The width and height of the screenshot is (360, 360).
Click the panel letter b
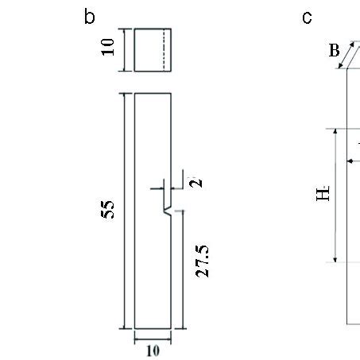click(90, 17)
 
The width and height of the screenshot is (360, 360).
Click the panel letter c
click(307, 17)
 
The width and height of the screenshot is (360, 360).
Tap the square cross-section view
click(152, 49)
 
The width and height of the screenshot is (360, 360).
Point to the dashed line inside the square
click(164, 49)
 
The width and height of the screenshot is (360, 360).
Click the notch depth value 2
click(197, 181)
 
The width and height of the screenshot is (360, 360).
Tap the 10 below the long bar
click(152, 351)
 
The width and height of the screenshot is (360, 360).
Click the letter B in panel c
click(334, 52)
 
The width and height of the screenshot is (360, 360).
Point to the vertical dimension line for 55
click(124, 210)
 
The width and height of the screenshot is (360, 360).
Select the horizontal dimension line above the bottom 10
click(152, 339)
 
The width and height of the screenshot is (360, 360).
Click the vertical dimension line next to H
click(335, 195)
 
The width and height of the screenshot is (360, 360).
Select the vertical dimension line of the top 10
click(124, 49)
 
